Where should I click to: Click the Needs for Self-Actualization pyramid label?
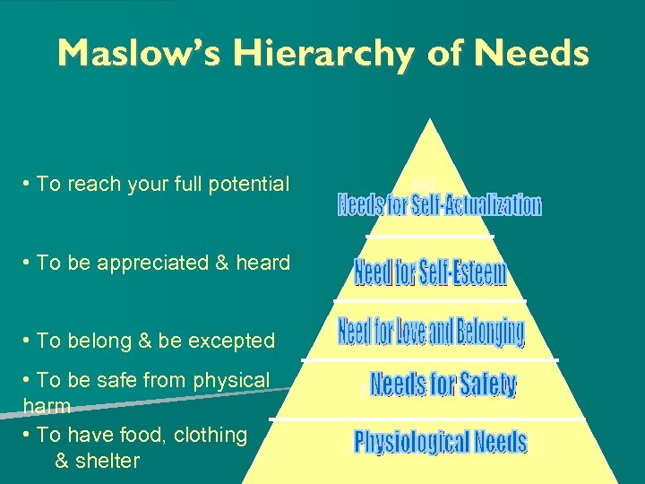click(x=439, y=205)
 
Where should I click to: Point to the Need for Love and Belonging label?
click(x=431, y=332)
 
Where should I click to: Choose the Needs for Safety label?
click(x=443, y=385)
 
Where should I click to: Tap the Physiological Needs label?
click(x=440, y=442)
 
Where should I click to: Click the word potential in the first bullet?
click(x=252, y=185)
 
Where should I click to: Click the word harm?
click(x=47, y=407)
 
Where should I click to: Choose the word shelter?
click(x=108, y=462)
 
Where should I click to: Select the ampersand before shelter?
click(x=62, y=462)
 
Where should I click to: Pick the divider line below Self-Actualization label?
click(x=430, y=236)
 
